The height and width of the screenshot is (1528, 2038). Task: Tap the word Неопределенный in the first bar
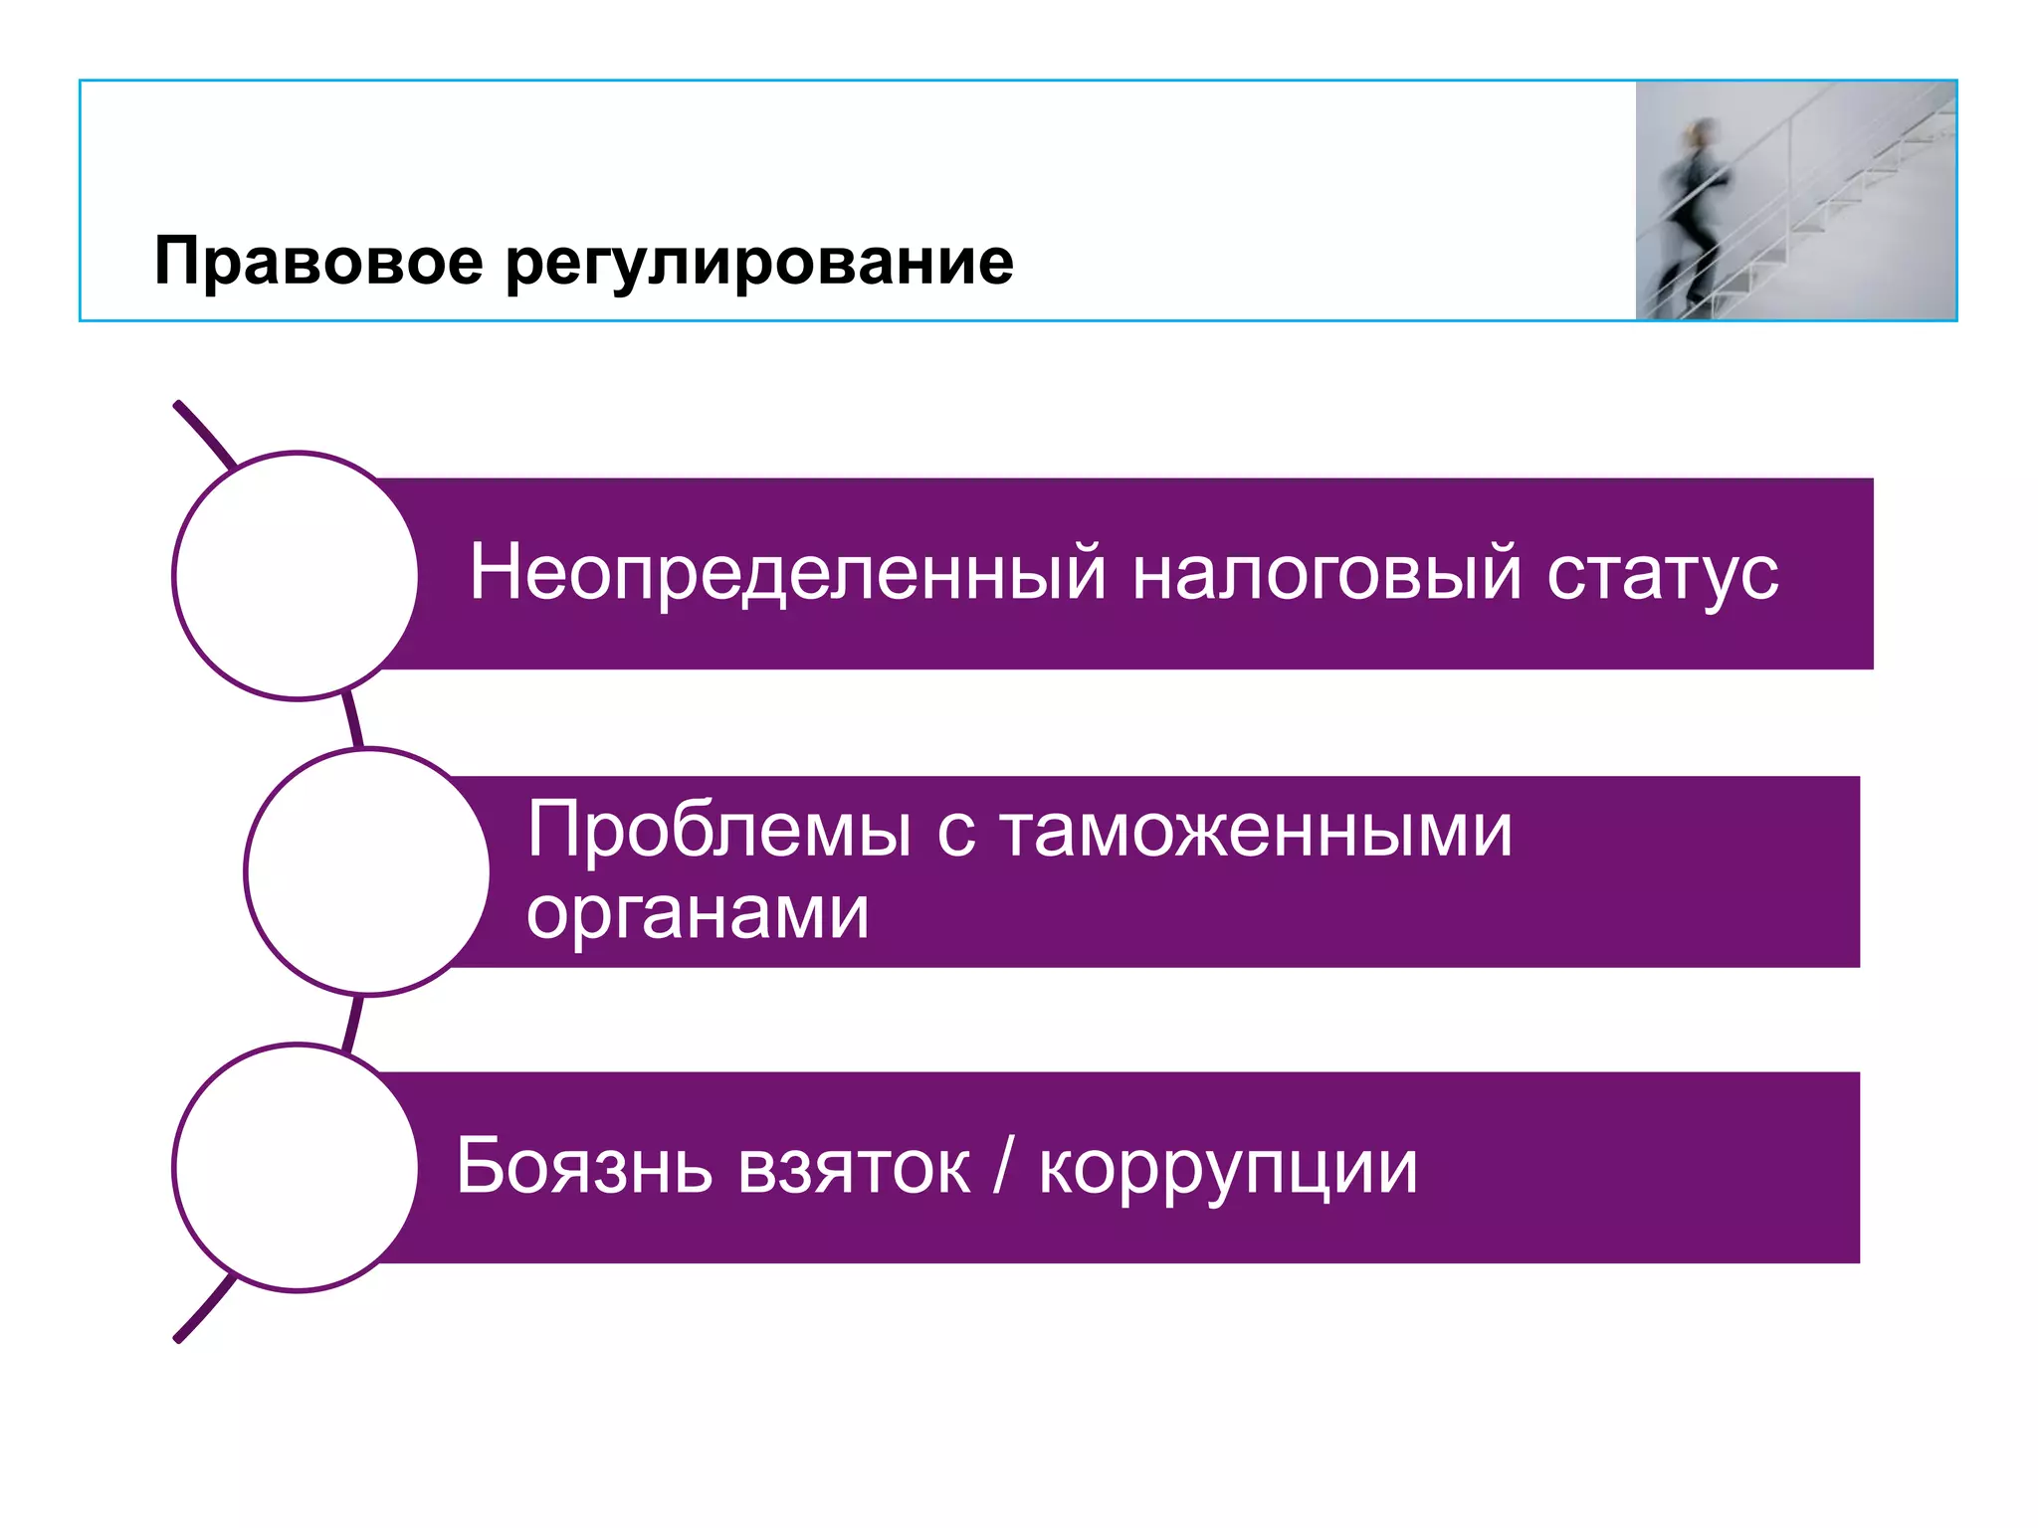click(x=787, y=574)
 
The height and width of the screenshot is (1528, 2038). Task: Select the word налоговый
click(x=1326, y=574)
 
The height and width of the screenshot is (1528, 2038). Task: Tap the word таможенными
click(x=1256, y=831)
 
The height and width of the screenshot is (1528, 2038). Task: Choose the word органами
click(x=697, y=913)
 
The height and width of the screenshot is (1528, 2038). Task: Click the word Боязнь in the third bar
click(x=584, y=1166)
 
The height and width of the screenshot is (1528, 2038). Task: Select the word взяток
click(x=854, y=1168)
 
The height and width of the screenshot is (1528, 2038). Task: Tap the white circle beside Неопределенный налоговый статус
click(x=296, y=576)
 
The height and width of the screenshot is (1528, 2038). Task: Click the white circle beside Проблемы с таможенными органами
click(x=367, y=871)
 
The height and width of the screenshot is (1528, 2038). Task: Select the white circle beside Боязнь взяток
click(x=296, y=1167)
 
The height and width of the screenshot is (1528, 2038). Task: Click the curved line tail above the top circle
click(x=204, y=433)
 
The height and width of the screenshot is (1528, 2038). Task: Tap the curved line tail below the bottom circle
click(x=204, y=1311)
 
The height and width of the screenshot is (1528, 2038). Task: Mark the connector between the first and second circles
click(x=351, y=721)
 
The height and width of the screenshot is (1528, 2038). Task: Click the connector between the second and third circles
click(x=351, y=1022)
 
